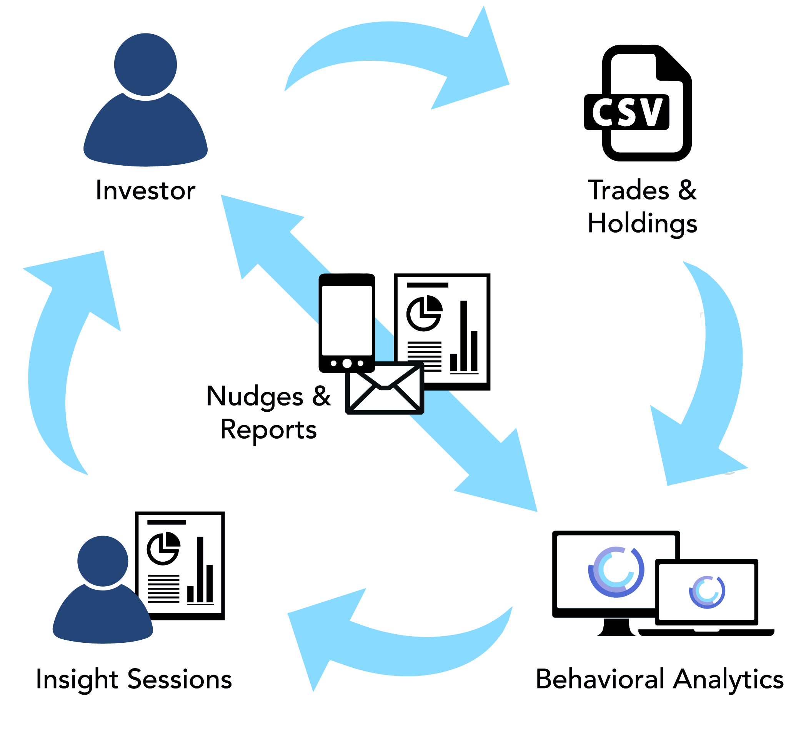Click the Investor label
[145, 190]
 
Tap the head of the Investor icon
[145, 65]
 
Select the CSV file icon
[638, 103]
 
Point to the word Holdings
[643, 224]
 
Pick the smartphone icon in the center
[347, 323]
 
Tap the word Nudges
[254, 396]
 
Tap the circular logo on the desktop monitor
[616, 572]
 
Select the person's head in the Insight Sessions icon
[103, 560]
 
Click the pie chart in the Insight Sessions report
[163, 548]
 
